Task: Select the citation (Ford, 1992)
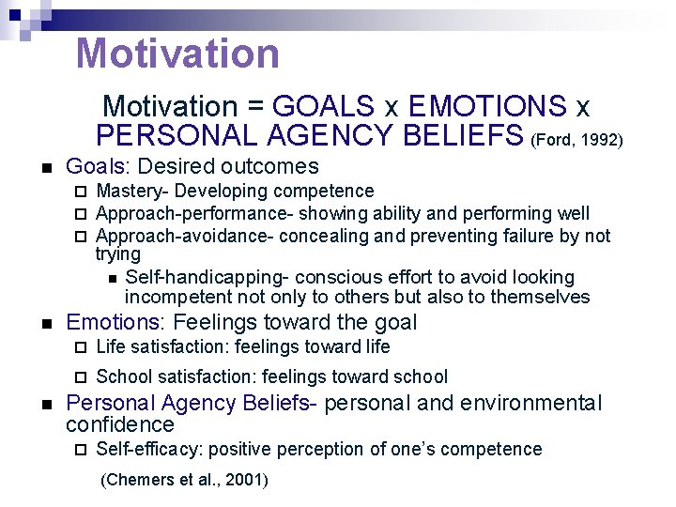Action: click(576, 140)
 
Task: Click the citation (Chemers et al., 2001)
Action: click(184, 480)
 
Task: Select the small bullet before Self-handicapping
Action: click(112, 278)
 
